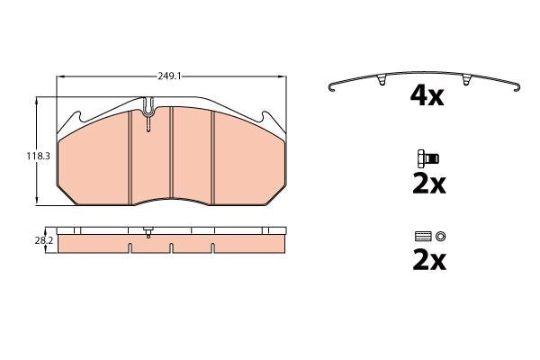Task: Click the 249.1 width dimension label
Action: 169,76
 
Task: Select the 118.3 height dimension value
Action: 38,156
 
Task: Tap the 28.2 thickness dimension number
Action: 44,241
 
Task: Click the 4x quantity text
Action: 427,96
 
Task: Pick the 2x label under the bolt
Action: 429,184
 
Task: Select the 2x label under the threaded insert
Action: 429,261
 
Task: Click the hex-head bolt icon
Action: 428,158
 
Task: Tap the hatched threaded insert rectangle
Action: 424,237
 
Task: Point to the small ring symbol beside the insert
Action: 440,237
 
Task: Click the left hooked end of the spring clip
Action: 331,87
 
